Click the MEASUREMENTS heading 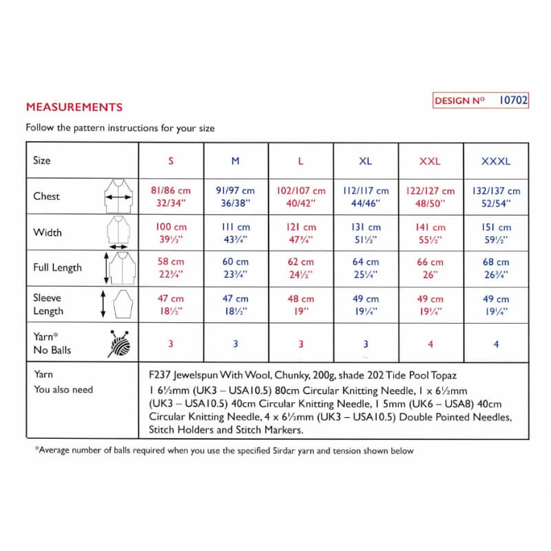pyautogui.click(x=74, y=107)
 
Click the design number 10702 pyautogui.click(x=512, y=101)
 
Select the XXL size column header pyautogui.click(x=430, y=161)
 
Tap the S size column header pyautogui.click(x=171, y=161)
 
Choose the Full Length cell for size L pyautogui.click(x=300, y=268)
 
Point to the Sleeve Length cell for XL pyautogui.click(x=365, y=304)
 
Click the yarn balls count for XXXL pyautogui.click(x=496, y=344)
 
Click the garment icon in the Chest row pyautogui.click(x=118, y=196)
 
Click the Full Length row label pyautogui.click(x=57, y=267)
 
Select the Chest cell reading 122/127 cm pyautogui.click(x=430, y=191)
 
